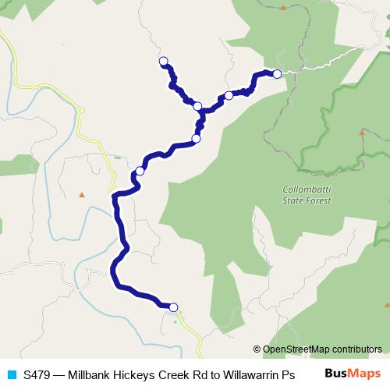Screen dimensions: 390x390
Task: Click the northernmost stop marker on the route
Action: pyautogui.click(x=163, y=61)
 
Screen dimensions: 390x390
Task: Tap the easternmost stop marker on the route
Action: pyautogui.click(x=277, y=73)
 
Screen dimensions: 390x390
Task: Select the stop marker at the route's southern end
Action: pyautogui.click(x=173, y=307)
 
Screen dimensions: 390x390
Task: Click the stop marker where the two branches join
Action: pyautogui.click(x=197, y=106)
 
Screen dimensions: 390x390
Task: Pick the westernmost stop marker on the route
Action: pyautogui.click(x=140, y=171)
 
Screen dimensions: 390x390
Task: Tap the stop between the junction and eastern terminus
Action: pyautogui.click(x=229, y=96)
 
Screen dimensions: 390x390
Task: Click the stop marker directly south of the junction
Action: pyautogui.click(x=196, y=139)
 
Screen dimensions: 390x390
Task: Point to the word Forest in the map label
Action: pyautogui.click(x=319, y=200)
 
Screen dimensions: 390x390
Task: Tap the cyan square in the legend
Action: pyautogui.click(x=11, y=374)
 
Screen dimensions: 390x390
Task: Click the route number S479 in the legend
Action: pyautogui.click(x=37, y=374)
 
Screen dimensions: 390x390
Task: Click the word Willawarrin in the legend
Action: pyautogui.click(x=253, y=374)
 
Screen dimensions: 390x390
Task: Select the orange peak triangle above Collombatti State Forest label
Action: pyautogui.click(x=361, y=133)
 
